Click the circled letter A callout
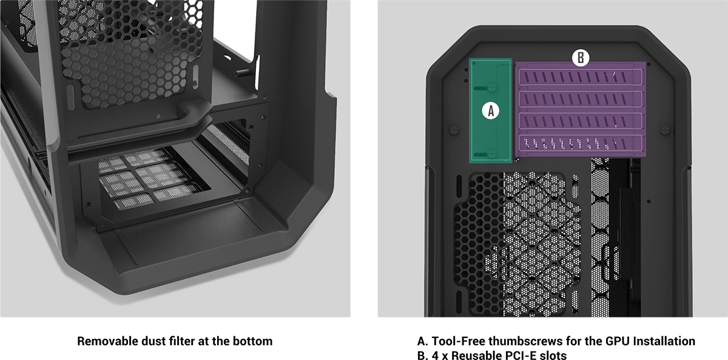pos(490,111)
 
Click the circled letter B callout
pos(581,58)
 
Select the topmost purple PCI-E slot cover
pos(580,76)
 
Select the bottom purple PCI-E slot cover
pos(580,143)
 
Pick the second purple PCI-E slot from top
pos(580,99)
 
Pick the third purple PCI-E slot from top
pos(580,121)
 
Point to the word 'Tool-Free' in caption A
pos(458,341)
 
